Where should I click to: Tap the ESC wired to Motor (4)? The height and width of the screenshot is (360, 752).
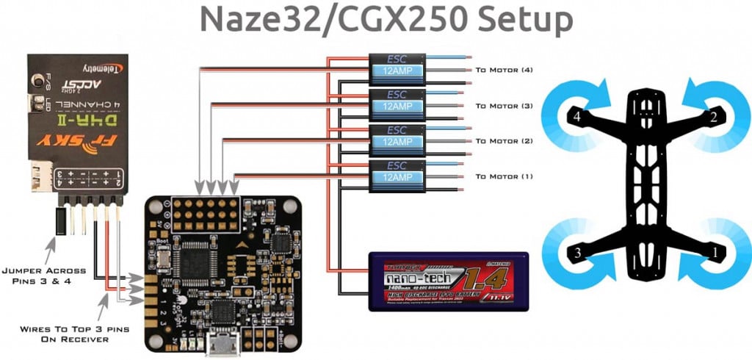pyautogui.click(x=397, y=68)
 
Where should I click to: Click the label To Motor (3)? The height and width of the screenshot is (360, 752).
pyautogui.click(x=504, y=106)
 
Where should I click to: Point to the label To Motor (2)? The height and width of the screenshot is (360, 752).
pyautogui.click(x=504, y=141)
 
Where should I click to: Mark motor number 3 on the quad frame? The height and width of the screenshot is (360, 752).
pyautogui.click(x=577, y=253)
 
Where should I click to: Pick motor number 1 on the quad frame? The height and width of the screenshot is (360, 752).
pyautogui.click(x=712, y=253)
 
